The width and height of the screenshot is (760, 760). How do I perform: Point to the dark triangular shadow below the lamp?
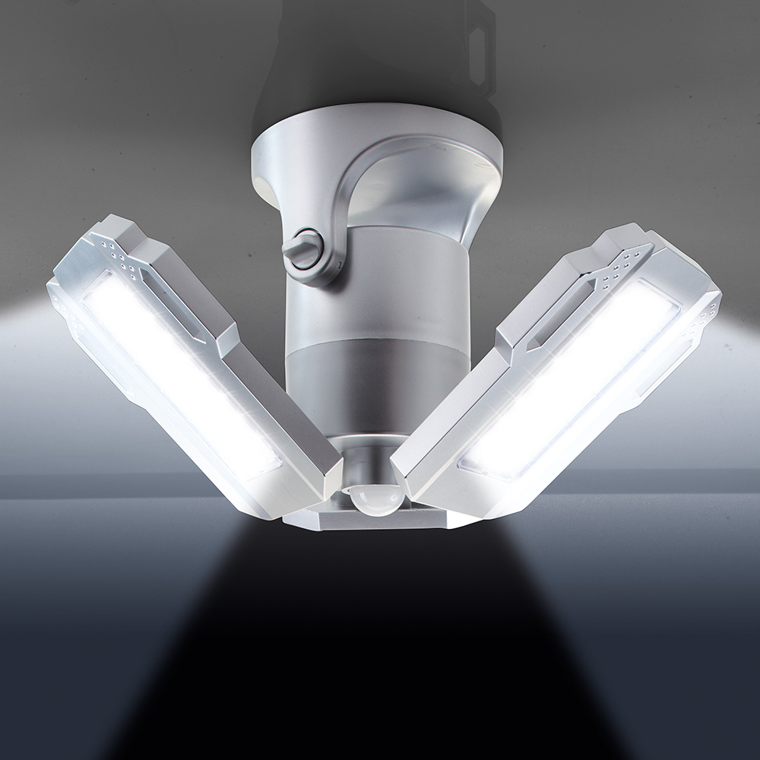[x=372, y=646]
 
